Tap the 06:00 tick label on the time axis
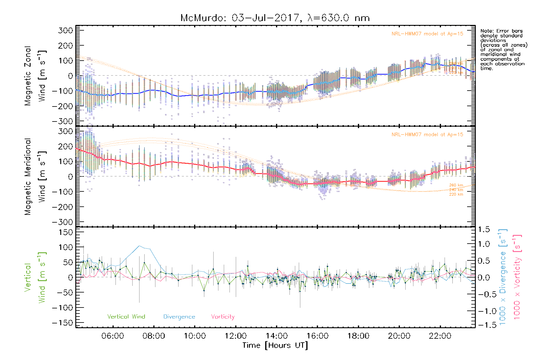(113, 336)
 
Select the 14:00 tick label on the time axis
(277, 336)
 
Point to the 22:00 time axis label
(440, 336)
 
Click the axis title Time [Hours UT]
(275, 345)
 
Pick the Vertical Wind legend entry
(126, 316)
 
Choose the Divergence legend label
(179, 316)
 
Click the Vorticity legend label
(223, 316)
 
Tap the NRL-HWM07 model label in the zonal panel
(427, 34)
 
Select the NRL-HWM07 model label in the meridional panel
(427, 135)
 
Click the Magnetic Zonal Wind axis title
(35, 76)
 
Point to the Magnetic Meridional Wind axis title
(35, 177)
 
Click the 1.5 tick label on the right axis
(484, 229)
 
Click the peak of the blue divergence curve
(139, 246)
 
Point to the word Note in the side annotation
(486, 31)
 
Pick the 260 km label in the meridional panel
(456, 185)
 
